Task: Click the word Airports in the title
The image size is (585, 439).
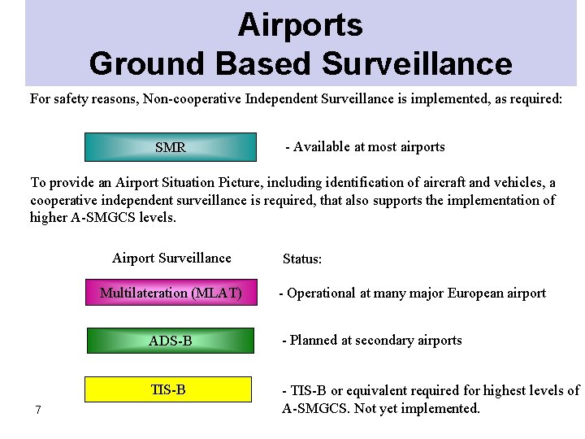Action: click(300, 26)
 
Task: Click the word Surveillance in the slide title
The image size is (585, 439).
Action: click(417, 63)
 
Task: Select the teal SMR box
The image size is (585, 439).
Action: click(170, 147)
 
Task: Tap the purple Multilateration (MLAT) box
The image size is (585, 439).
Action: click(170, 293)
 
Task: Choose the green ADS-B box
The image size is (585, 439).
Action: click(170, 340)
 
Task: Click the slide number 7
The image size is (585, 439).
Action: click(38, 409)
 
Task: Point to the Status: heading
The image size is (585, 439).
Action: click(302, 259)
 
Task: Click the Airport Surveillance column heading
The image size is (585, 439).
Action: click(171, 259)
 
